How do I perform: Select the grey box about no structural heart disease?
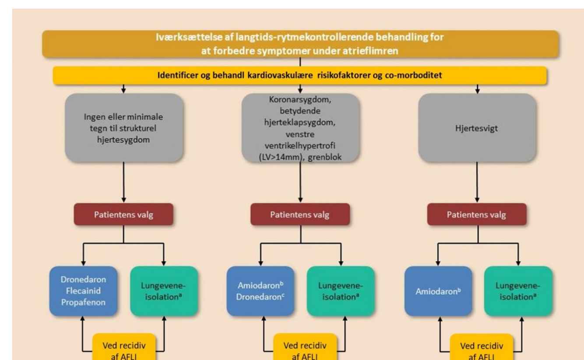124,129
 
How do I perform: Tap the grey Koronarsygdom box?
301,128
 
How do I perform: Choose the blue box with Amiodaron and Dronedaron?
260,291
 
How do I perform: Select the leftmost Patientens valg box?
123,215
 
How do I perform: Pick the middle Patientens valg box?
300,215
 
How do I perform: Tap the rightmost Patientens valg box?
477,215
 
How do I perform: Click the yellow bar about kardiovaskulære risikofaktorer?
299,75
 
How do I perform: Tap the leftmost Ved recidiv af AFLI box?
123,349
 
